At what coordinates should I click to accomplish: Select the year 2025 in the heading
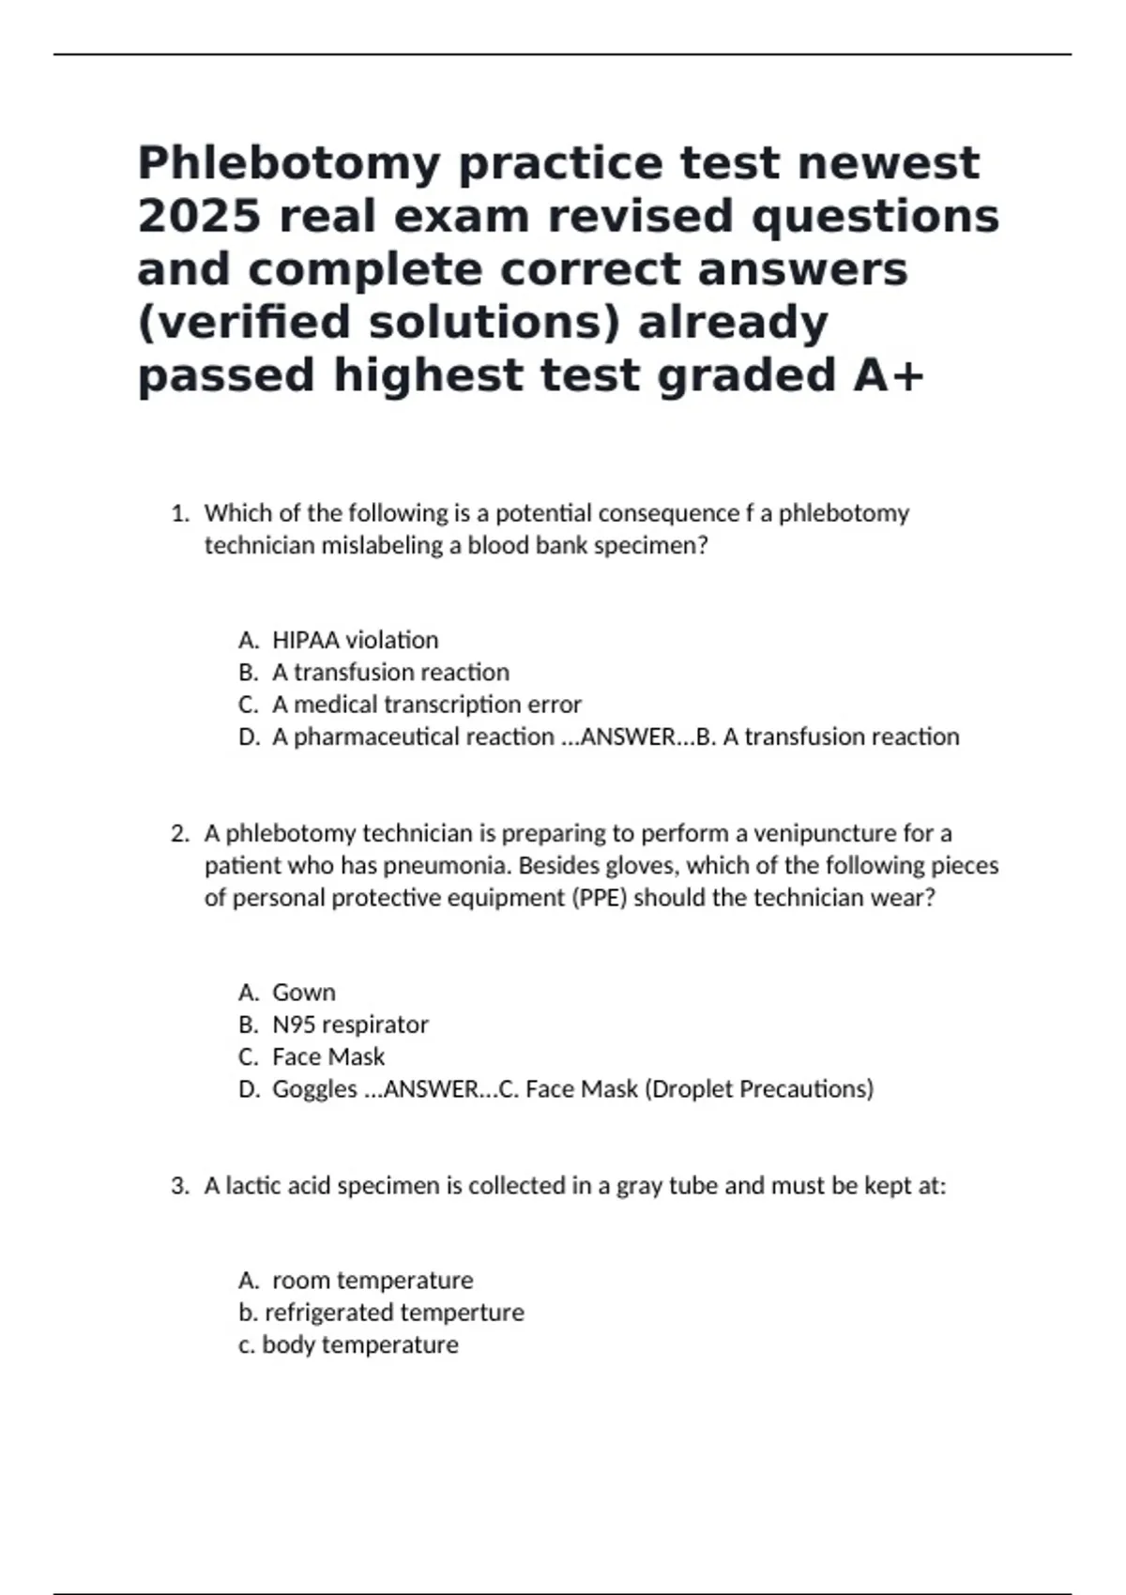tap(198, 217)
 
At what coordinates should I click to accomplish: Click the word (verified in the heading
tap(243, 323)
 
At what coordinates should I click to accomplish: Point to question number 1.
tap(180, 513)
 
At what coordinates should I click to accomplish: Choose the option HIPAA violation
tap(355, 640)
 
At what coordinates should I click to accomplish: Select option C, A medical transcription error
tap(426, 705)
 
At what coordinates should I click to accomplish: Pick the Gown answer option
tap(303, 993)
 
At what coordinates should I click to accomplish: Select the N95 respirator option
tap(350, 1025)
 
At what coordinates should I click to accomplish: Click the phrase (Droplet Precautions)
tap(759, 1089)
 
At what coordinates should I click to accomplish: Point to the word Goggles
tap(314, 1089)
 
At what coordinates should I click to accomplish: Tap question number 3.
tap(180, 1186)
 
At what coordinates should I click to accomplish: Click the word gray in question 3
tap(639, 1187)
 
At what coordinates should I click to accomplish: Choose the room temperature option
tap(373, 1281)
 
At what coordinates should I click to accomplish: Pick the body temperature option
tap(360, 1344)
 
